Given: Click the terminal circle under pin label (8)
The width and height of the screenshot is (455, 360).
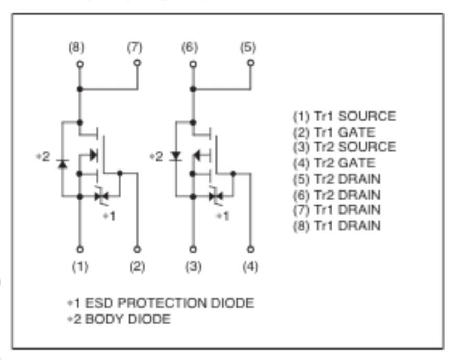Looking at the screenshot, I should (x=79, y=64).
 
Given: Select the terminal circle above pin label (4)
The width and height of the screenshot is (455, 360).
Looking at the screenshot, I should (x=251, y=249).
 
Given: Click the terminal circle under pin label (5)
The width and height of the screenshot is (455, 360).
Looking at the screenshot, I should (x=251, y=62).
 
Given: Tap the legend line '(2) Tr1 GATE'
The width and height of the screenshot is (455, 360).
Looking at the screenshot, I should (x=334, y=132).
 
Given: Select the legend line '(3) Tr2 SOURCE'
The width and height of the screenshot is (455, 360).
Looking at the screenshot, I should (x=344, y=147).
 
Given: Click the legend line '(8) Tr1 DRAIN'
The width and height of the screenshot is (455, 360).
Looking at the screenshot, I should (x=336, y=226).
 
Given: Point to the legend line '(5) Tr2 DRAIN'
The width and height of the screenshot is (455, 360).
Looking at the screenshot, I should (x=336, y=179).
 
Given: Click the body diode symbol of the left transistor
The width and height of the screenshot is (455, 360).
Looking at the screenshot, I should (x=62, y=164).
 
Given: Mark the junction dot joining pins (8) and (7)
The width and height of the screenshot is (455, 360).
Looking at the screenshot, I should (x=79, y=89).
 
